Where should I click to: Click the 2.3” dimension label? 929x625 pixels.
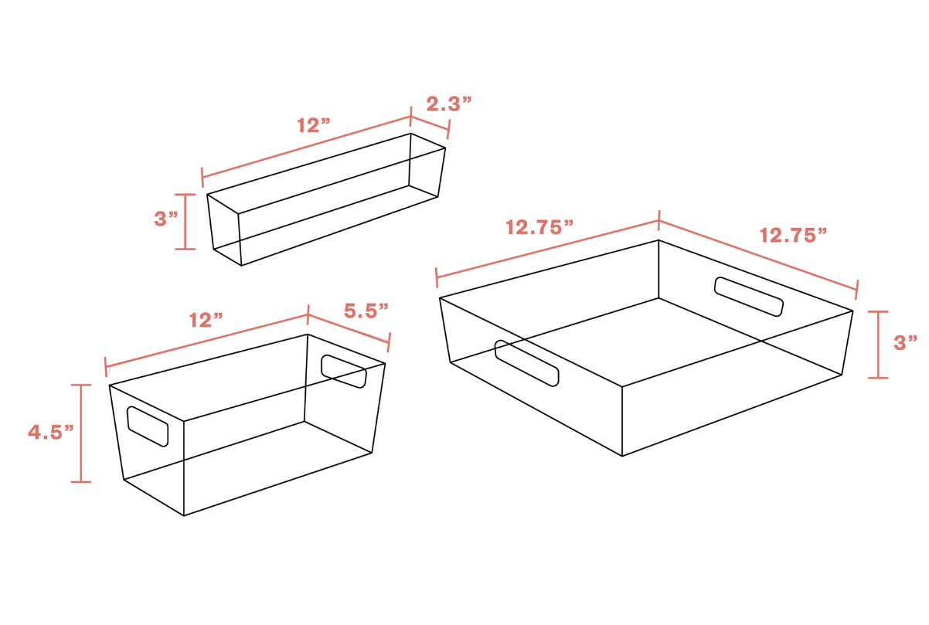(449, 104)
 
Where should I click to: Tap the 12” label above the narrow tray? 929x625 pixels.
(314, 125)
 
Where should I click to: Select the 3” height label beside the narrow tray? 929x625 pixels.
(166, 219)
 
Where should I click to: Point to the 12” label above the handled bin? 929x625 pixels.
(206, 320)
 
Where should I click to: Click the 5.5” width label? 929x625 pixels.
(366, 311)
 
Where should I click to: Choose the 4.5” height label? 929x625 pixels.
(50, 432)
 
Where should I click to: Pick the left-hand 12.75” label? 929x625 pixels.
(539, 227)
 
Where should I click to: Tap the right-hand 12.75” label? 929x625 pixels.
(793, 236)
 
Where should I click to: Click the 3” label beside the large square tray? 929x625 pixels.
(905, 343)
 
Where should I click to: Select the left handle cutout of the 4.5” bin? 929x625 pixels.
(148, 426)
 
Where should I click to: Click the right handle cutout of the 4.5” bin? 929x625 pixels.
(344, 372)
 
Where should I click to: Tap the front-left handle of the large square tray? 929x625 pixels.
(526, 363)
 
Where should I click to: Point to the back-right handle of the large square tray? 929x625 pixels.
(749, 297)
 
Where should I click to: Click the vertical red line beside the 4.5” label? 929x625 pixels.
(81, 433)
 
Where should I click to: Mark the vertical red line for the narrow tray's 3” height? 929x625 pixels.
(185, 222)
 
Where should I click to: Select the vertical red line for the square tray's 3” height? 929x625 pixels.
(878, 345)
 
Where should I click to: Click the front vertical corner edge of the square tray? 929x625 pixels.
(622, 421)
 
